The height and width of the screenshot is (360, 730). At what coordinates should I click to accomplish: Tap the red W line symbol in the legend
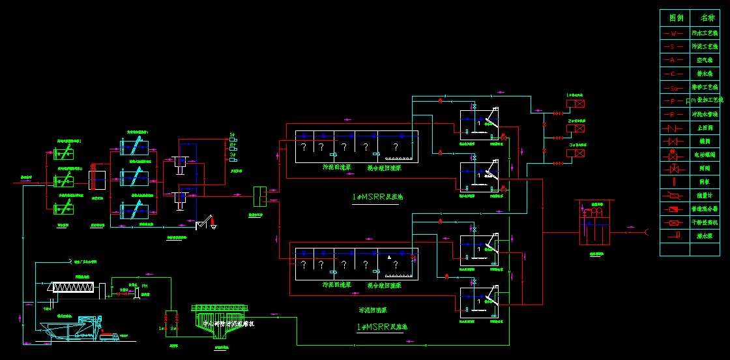tap(674, 33)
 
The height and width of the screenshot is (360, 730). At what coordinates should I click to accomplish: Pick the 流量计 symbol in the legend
tap(674, 195)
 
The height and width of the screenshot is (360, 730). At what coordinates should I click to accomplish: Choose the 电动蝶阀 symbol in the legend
tap(674, 155)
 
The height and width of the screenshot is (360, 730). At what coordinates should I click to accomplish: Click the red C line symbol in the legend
tap(674, 74)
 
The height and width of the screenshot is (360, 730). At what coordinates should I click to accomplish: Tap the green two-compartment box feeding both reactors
tap(261, 195)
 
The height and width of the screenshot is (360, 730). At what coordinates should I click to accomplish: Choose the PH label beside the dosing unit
tap(145, 286)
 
